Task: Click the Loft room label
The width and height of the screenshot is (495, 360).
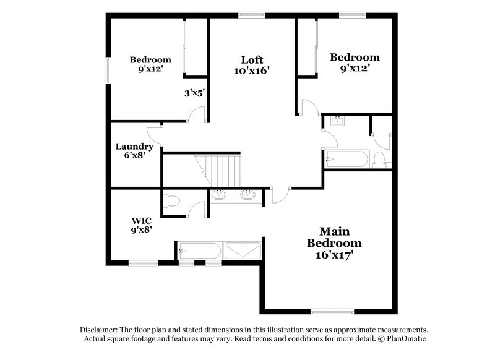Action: click(x=252, y=60)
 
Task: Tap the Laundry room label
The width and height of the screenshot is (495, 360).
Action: click(x=134, y=147)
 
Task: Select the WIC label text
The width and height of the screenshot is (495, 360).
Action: click(x=141, y=220)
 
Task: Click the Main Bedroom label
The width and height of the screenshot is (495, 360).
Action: click(x=334, y=238)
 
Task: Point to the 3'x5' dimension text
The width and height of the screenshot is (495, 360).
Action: click(x=194, y=93)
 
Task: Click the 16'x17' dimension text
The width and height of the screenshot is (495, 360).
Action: click(x=334, y=254)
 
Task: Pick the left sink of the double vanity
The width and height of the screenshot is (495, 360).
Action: click(x=218, y=195)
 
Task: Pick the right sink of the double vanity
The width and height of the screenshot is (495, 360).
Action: click(x=248, y=195)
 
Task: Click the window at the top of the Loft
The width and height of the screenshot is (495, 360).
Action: click(x=250, y=15)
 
